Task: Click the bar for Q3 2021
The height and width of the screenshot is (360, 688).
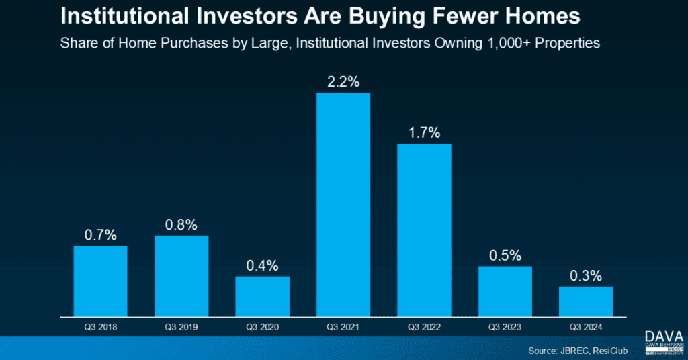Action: click(343, 204)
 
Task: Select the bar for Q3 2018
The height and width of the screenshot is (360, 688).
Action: click(100, 281)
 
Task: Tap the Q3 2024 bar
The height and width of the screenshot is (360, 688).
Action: click(586, 301)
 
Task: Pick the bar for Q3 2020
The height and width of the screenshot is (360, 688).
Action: click(262, 296)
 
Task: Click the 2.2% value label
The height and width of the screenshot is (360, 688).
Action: click(343, 82)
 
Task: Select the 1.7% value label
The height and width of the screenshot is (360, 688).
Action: click(424, 133)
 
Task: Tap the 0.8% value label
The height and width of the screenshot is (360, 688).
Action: click(181, 225)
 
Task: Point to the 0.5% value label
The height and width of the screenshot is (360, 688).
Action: click(505, 255)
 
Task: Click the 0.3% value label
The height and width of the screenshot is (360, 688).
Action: click(586, 276)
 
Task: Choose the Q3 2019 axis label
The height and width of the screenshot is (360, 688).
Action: click(181, 327)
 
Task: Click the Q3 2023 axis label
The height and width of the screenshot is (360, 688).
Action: click(505, 327)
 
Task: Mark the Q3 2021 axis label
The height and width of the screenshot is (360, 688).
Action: click(343, 327)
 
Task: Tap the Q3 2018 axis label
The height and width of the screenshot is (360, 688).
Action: click(100, 327)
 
